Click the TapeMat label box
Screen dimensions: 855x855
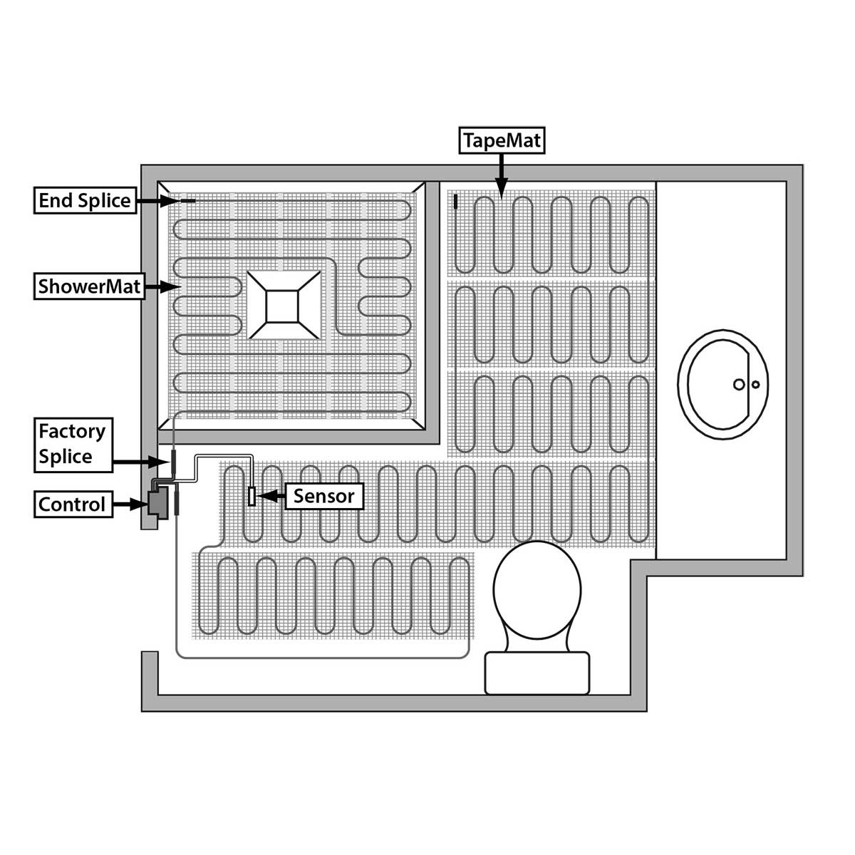[502, 140]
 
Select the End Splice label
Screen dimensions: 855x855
[85, 201]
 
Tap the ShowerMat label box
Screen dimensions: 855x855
[90, 287]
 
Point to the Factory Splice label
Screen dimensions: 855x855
[73, 445]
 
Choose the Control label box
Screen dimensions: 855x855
[73, 504]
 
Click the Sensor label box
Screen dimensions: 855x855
[323, 495]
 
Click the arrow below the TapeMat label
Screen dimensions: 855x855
[502, 175]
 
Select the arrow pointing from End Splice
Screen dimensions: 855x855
[157, 202]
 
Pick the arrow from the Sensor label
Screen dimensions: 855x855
[271, 495]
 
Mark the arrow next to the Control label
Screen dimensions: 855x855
[128, 505]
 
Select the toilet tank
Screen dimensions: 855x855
[537, 673]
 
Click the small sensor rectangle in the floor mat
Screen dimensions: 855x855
[252, 496]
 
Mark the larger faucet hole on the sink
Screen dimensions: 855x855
[740, 385]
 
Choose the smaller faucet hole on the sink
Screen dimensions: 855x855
[756, 385]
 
